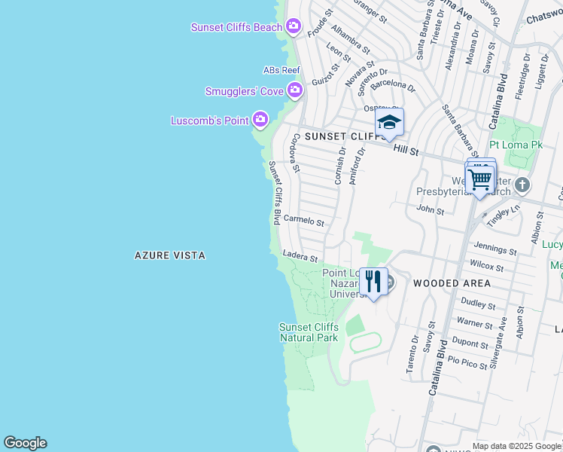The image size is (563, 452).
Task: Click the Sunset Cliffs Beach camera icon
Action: pyautogui.click(x=294, y=27)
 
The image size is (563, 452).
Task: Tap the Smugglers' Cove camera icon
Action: pyautogui.click(x=294, y=91)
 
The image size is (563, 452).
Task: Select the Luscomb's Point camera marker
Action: pyautogui.click(x=260, y=120)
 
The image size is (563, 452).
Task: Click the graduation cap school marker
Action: pyautogui.click(x=389, y=122)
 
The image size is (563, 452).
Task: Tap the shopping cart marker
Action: pyautogui.click(x=479, y=179)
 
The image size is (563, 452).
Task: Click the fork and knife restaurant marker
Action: pyautogui.click(x=373, y=282)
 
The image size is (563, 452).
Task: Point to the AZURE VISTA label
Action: pyautogui.click(x=169, y=256)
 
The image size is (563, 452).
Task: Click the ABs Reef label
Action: pyautogui.click(x=281, y=70)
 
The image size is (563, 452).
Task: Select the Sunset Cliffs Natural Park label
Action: pyautogui.click(x=309, y=332)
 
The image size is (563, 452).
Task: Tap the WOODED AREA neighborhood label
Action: pyautogui.click(x=452, y=283)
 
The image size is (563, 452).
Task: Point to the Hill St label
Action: pyautogui.click(x=406, y=151)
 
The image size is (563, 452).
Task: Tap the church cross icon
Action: pyautogui.click(x=522, y=185)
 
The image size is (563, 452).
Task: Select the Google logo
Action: pyautogui.click(x=25, y=443)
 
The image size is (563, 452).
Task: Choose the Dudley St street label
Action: pyautogui.click(x=478, y=306)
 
